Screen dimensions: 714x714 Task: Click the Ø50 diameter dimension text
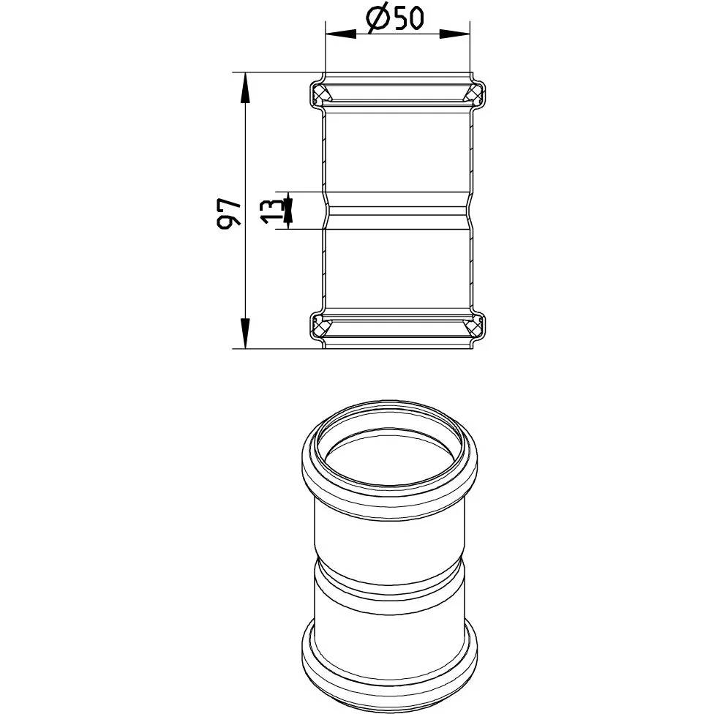tap(395, 19)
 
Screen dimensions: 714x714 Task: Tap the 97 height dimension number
tap(228, 213)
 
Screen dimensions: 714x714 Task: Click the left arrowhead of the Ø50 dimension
tap(341, 34)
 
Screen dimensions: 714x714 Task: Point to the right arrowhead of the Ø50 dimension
tap(454, 34)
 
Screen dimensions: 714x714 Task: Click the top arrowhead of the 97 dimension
tap(246, 88)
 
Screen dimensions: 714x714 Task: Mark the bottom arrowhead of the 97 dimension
tap(246, 334)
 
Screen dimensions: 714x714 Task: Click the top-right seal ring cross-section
tap(472, 94)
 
